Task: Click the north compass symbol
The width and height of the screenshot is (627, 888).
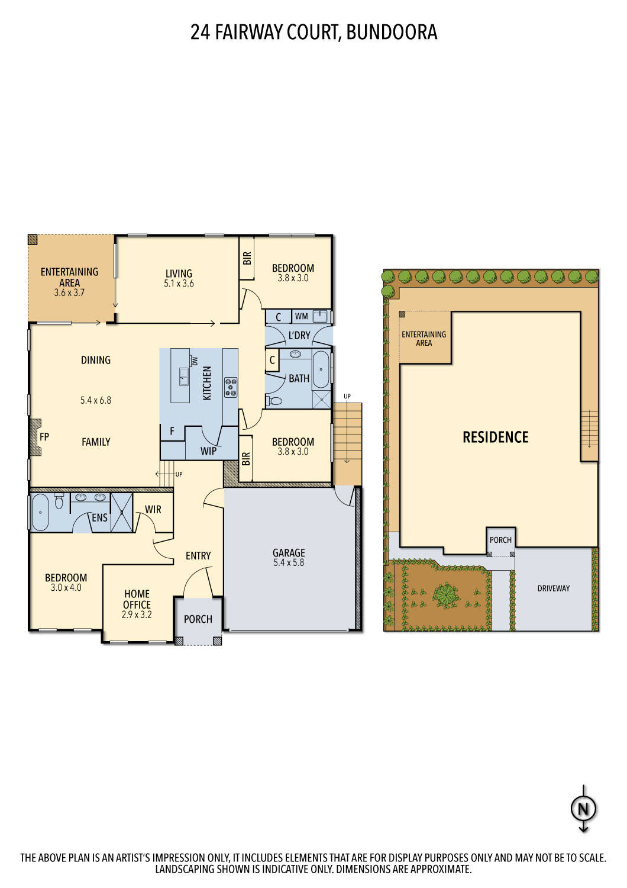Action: tap(583, 809)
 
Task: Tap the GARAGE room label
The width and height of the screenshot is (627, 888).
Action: tap(289, 552)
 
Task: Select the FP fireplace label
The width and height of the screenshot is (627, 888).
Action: tap(44, 437)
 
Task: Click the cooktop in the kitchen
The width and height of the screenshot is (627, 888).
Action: tap(231, 387)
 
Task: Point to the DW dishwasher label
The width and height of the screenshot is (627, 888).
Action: tap(195, 361)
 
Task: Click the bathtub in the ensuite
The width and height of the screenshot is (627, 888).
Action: tap(40, 511)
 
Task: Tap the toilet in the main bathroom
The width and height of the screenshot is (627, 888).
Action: tap(276, 401)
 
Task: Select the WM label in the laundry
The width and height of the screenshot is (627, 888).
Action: tap(302, 317)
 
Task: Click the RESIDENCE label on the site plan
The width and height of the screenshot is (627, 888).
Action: tap(495, 437)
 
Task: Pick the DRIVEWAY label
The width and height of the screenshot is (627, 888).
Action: tap(553, 588)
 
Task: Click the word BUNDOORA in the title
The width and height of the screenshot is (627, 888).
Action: tap(392, 32)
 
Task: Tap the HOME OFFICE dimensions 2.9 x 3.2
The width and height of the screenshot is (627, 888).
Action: tap(137, 614)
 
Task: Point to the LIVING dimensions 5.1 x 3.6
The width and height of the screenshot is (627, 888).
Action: tap(179, 284)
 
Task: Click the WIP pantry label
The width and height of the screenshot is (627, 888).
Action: tap(208, 451)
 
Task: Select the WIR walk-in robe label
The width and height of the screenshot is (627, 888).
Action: tap(153, 509)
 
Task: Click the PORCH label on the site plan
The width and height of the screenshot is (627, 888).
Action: tap(500, 540)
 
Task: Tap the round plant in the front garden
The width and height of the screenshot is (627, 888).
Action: tap(447, 594)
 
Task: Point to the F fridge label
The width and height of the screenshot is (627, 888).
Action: tap(172, 432)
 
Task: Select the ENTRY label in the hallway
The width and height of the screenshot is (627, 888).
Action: tap(198, 555)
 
